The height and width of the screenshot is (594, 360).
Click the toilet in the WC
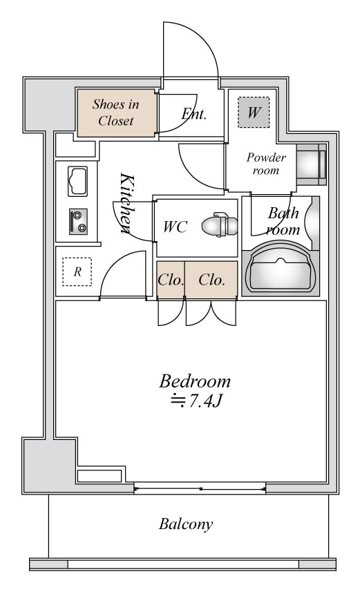220,224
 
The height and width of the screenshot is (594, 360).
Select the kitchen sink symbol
77,181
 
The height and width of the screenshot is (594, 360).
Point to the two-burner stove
78,221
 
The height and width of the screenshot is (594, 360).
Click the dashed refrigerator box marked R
77,271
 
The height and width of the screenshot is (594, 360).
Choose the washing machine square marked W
254,112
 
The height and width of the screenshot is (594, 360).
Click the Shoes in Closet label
115,112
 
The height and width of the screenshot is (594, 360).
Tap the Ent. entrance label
193,114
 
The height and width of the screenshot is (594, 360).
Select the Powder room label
266,164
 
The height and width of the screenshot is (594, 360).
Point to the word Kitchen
127,203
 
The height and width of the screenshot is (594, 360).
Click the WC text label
175,227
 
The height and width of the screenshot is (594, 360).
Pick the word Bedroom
195,381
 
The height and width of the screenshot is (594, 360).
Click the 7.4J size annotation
205,401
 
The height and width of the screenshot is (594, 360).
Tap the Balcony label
186,524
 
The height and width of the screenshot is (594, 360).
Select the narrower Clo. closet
171,280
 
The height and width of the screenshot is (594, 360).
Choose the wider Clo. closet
211,280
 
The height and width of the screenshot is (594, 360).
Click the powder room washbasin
311,164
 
